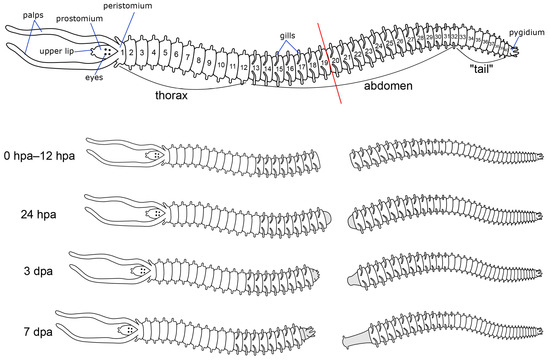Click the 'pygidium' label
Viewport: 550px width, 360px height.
point(523,33)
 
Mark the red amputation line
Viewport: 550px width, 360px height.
point(331,60)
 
